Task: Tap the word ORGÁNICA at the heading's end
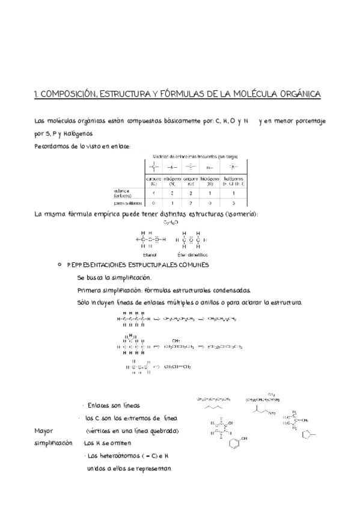coord(298,94)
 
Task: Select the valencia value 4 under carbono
coord(153,192)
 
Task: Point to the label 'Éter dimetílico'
coord(191,254)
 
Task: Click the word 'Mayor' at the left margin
coord(44,431)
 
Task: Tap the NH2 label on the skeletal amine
coord(272,413)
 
